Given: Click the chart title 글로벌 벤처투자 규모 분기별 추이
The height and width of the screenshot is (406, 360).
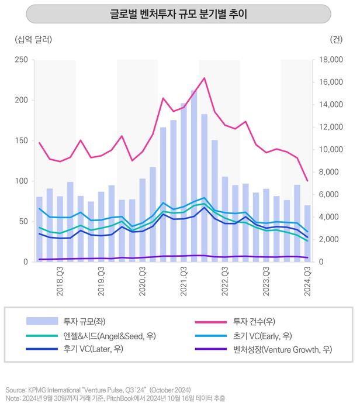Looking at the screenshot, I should point(179,14).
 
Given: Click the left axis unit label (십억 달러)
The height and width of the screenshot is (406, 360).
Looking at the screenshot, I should point(33,39).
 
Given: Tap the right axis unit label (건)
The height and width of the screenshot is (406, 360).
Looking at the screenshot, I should point(337,39).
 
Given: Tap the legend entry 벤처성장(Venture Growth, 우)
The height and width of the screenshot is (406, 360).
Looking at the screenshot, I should point(283,349).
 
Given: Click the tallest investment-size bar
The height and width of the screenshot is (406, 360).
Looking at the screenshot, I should point(194,176).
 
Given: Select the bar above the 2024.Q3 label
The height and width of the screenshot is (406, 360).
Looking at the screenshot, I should point(307,233).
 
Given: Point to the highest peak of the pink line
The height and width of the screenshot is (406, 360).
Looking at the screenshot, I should point(204,78).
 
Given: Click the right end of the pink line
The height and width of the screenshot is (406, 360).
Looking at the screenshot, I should point(307,181).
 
